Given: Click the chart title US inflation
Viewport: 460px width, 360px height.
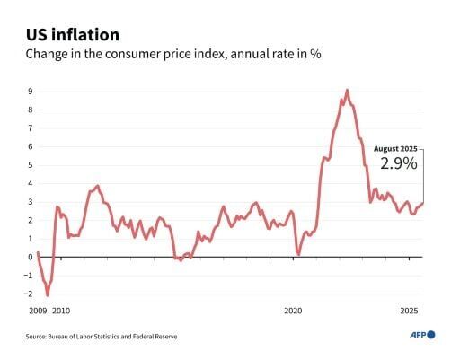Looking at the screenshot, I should pyautogui.click(x=72, y=35).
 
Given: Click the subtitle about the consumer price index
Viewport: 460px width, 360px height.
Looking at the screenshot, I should pyautogui.click(x=173, y=55).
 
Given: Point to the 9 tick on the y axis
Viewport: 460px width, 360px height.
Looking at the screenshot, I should pyautogui.click(x=31, y=91).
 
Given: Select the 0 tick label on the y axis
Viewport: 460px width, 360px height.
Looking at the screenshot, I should pyautogui.click(x=31, y=257).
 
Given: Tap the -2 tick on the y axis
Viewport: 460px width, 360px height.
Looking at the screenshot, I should pyautogui.click(x=29, y=294).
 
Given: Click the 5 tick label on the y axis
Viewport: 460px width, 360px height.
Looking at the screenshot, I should pyautogui.click(x=31, y=164).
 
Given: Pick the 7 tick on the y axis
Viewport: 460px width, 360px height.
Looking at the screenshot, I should pyautogui.click(x=31, y=127).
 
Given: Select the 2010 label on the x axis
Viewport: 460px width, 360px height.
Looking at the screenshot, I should pyautogui.click(x=60, y=311).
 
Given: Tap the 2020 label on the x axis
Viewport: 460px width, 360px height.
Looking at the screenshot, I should pyautogui.click(x=294, y=311).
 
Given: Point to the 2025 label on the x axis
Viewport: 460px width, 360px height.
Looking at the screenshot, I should pyautogui.click(x=410, y=311).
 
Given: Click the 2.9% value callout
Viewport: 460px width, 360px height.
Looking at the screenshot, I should pyautogui.click(x=397, y=164).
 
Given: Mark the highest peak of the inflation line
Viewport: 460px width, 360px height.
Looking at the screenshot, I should pyautogui.click(x=347, y=90).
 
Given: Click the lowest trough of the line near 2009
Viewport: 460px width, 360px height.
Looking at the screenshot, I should pyautogui.click(x=48, y=294).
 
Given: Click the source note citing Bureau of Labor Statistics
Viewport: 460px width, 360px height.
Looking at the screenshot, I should pyautogui.click(x=101, y=337).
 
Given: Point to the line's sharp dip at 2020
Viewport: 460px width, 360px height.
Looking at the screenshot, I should pyautogui.click(x=298, y=254).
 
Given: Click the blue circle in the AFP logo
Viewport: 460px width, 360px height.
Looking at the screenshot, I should pyautogui.click(x=431, y=335).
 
